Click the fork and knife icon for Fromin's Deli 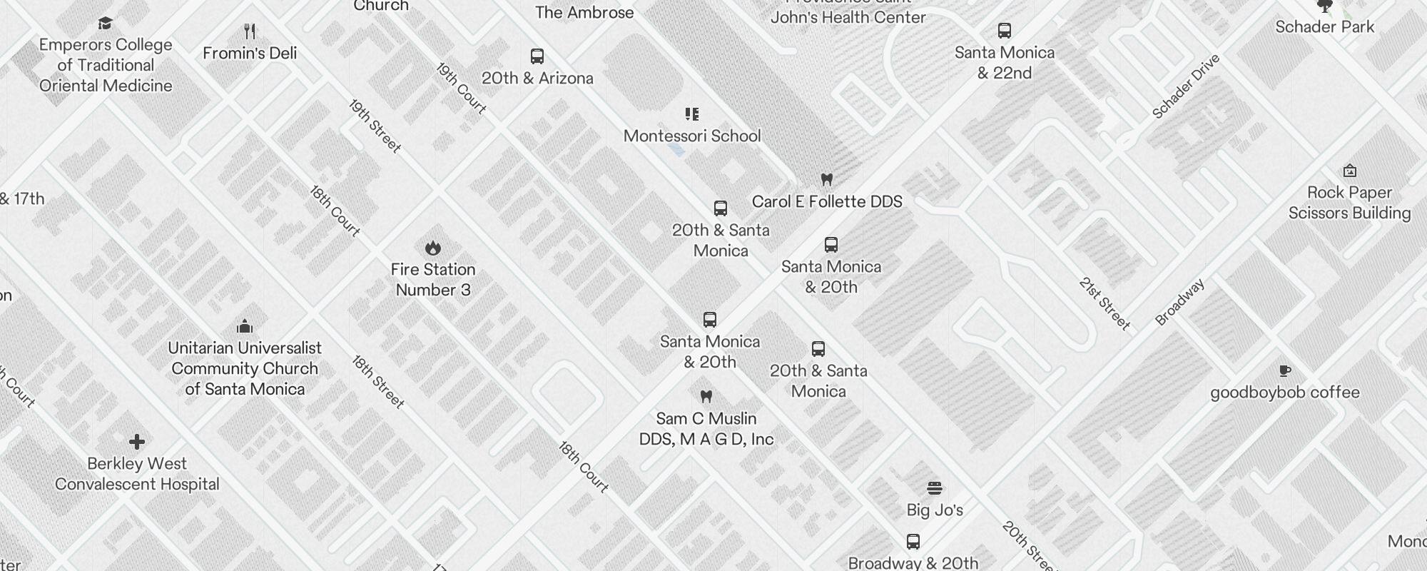[x=250, y=31]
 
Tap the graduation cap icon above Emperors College [x=106, y=24]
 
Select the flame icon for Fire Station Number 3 [x=432, y=248]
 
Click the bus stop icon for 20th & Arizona [x=537, y=56]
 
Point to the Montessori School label [x=692, y=136]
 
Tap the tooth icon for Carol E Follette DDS [x=827, y=179]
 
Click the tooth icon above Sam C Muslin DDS [x=706, y=396]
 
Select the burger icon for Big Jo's [x=935, y=488]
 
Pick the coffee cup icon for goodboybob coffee [x=1285, y=370]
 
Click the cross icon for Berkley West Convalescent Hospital [x=137, y=442]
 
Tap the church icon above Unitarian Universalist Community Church [x=245, y=326]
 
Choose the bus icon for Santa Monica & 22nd [x=1005, y=31]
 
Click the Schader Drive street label [x=1186, y=86]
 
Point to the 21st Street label [x=1104, y=304]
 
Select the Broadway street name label [x=1180, y=302]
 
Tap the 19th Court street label [x=461, y=89]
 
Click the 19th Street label [x=375, y=126]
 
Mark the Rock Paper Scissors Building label [x=1349, y=203]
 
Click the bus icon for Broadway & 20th [x=913, y=542]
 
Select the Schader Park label [x=1325, y=27]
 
